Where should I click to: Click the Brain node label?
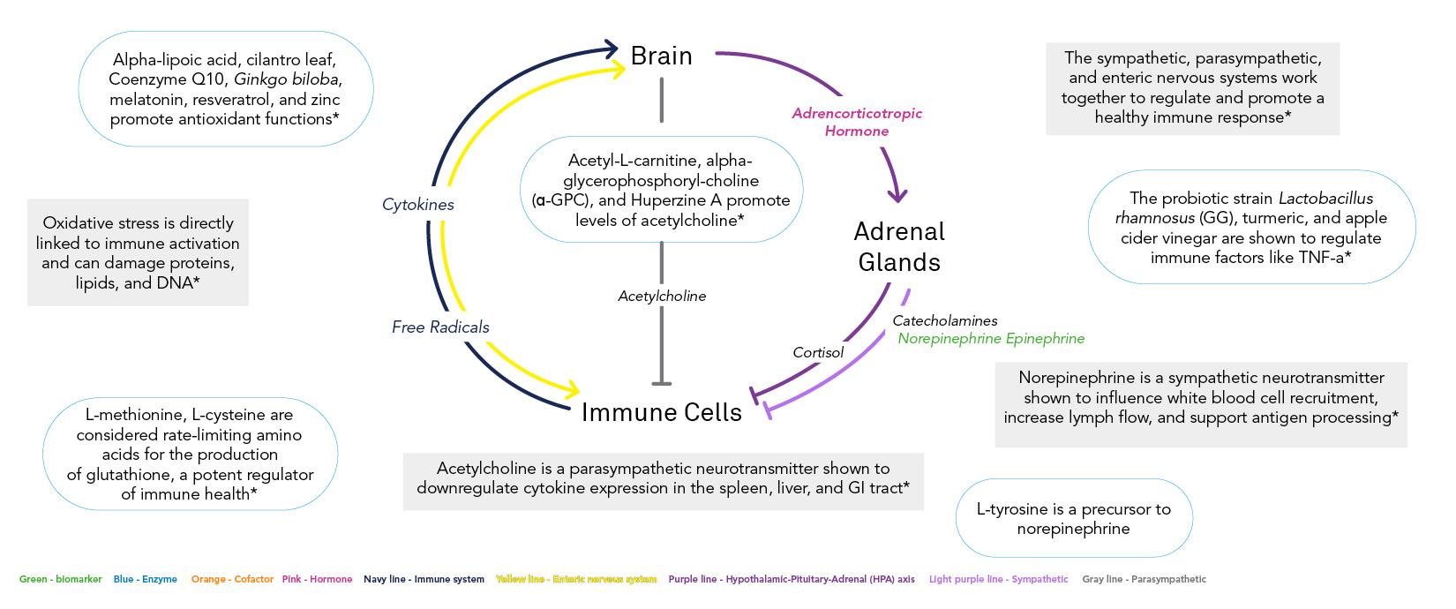click(x=661, y=56)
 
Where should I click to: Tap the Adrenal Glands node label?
click(x=899, y=247)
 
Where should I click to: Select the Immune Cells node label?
click(x=661, y=412)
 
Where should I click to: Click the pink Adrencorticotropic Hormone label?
click(x=857, y=122)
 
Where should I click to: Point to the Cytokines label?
click(x=418, y=205)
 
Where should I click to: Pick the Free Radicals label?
click(x=440, y=327)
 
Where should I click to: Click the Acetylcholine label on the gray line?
click(x=662, y=297)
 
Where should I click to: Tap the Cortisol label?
click(x=818, y=353)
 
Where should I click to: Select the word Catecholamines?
click(x=945, y=321)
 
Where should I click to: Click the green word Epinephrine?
click(x=1045, y=339)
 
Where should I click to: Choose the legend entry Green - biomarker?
click(x=61, y=580)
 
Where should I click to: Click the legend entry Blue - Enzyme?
click(x=146, y=580)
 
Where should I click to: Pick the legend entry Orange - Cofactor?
click(x=232, y=580)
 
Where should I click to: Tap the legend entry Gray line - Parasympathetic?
click(x=1144, y=580)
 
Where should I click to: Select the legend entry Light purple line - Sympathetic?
click(x=998, y=580)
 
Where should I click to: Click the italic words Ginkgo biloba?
click(x=286, y=79)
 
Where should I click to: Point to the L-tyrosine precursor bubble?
click(x=1073, y=519)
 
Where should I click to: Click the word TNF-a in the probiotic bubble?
click(x=1321, y=258)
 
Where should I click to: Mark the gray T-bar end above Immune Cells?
click(x=662, y=383)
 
